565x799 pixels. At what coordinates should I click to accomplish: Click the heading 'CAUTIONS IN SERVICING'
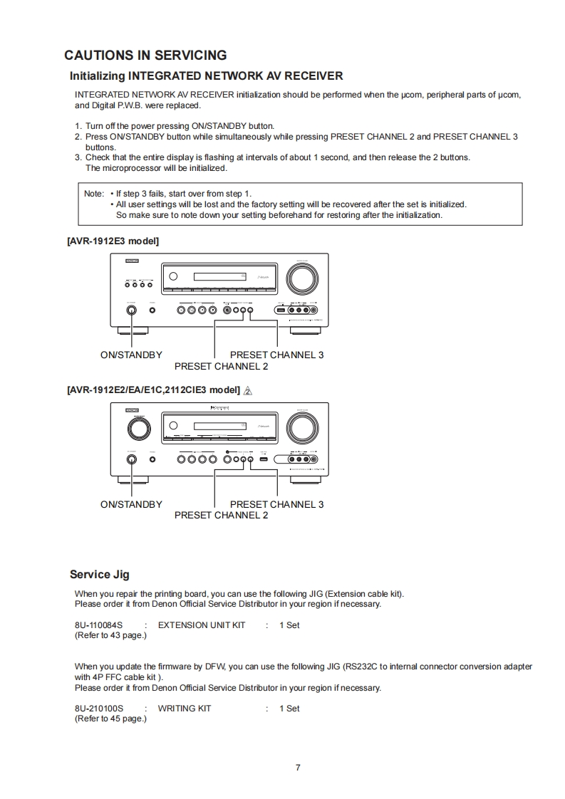pos(145,56)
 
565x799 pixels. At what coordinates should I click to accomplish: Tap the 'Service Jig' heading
pos(99,575)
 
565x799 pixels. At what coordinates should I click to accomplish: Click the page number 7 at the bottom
pos(298,767)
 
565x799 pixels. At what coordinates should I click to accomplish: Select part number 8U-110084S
pos(98,625)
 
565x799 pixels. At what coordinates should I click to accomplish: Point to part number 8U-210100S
pos(98,709)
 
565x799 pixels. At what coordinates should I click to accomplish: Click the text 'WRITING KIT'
pos(184,709)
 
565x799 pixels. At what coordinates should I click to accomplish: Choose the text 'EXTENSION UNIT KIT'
pos(201,625)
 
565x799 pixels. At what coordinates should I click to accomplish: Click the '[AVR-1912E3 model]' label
pos(113,241)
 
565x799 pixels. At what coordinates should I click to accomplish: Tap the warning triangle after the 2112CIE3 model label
pos(248,390)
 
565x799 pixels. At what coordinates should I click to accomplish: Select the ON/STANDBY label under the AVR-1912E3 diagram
pos(131,355)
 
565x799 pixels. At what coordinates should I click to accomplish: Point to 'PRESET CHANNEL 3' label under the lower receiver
pos(276,504)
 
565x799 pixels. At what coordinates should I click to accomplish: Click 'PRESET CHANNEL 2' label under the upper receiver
pos(221,366)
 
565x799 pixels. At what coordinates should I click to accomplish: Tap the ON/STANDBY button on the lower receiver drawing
pos(131,459)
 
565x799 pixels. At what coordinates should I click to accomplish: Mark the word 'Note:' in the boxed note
pos(94,194)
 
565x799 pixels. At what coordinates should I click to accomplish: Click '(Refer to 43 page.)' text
pos(110,635)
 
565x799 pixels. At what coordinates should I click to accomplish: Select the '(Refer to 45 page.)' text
pos(110,719)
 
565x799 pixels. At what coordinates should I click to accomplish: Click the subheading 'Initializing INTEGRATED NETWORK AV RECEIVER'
pos(206,75)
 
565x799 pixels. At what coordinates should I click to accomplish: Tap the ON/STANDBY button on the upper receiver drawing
pos(131,310)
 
